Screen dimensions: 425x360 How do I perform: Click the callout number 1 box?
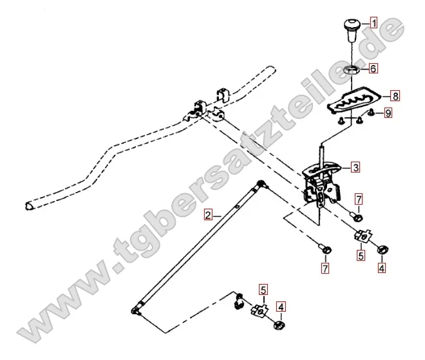coord(373,23)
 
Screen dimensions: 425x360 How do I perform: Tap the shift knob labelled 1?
coord(352,30)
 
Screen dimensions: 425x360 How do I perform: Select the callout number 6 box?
coord(373,68)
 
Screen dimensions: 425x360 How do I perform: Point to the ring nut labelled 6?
coord(352,70)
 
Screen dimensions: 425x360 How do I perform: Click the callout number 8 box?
coord(395,96)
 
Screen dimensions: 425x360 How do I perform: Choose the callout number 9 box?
coord(388,113)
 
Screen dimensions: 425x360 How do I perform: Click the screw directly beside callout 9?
coord(372,112)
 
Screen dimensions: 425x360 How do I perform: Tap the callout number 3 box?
coord(355,167)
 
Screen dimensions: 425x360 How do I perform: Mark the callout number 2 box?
coord(208,215)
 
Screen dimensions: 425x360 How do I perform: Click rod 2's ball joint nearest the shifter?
coord(261,184)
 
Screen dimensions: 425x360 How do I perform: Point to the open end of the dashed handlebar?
coord(29,205)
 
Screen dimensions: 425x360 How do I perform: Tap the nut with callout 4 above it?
coord(279,325)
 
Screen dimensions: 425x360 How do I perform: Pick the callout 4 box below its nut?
coord(381,268)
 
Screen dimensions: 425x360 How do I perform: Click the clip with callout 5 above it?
coord(260,310)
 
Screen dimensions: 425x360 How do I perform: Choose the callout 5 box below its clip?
coord(361,256)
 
